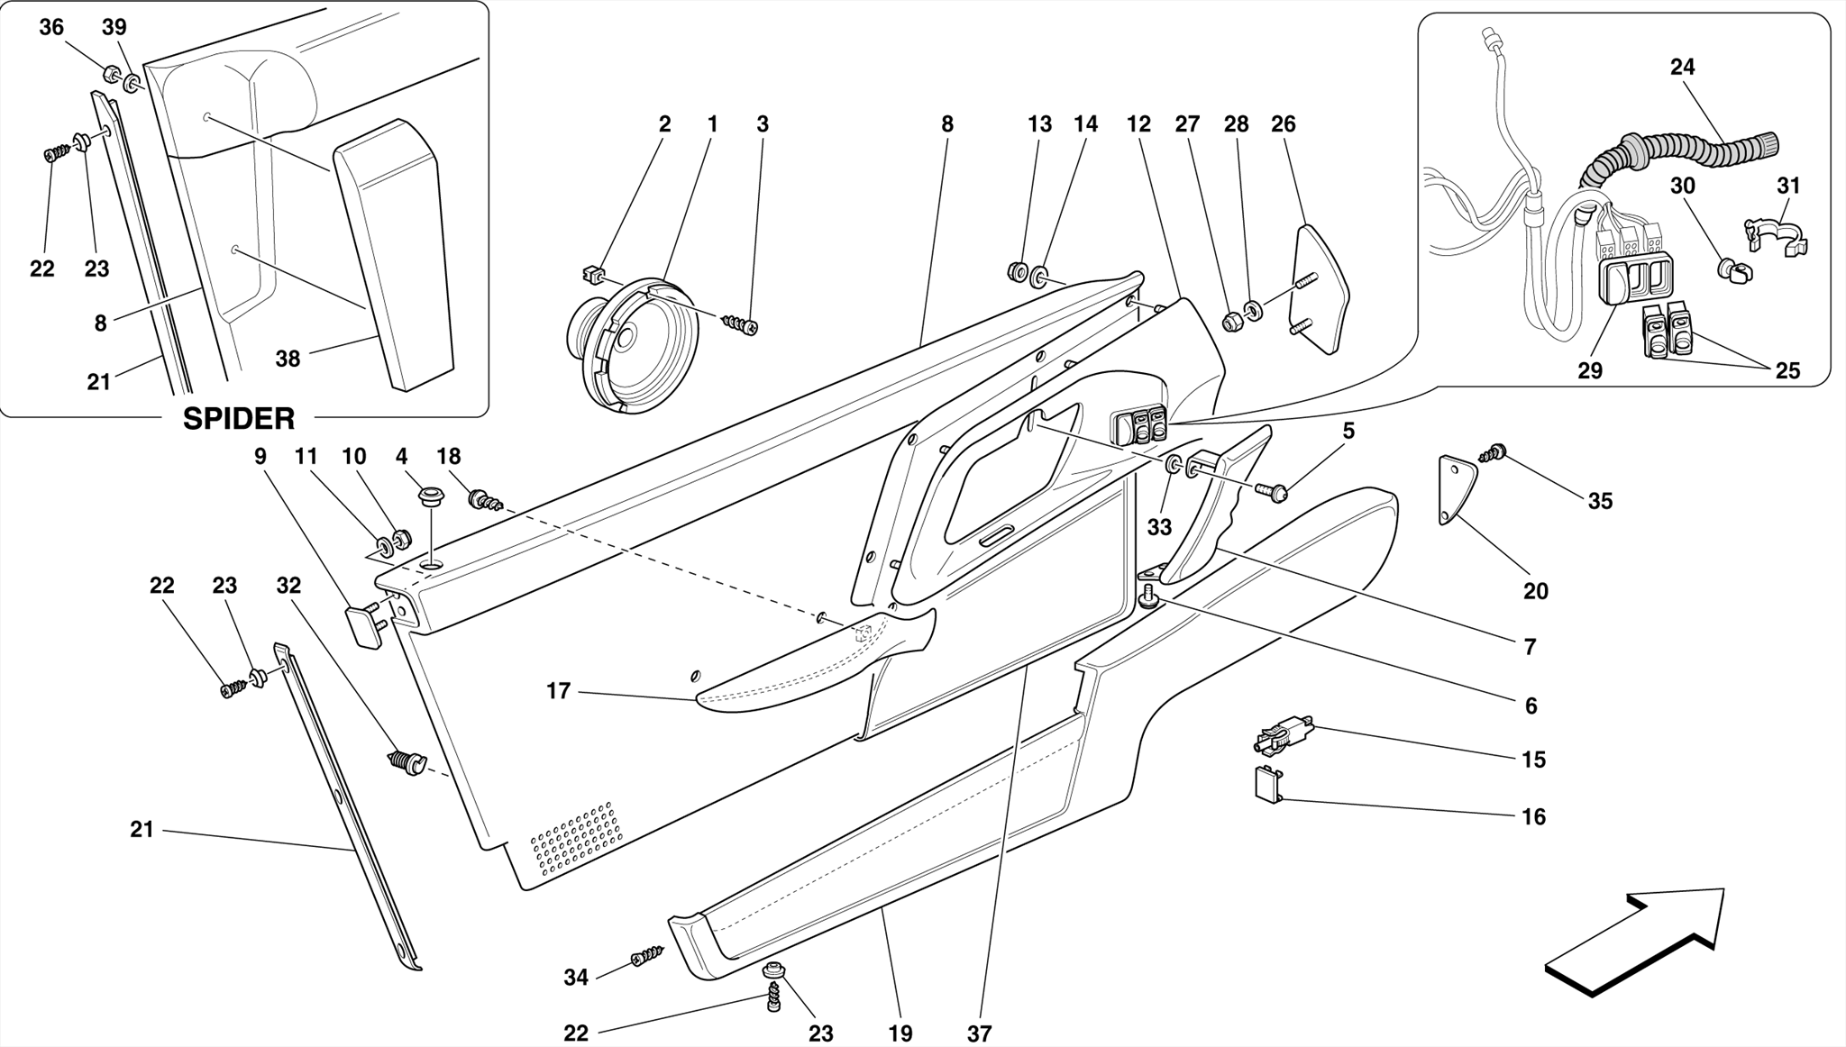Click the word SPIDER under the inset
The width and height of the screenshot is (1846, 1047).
(x=239, y=419)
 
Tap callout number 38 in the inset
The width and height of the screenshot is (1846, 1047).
(x=288, y=360)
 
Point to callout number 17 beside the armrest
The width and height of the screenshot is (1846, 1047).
(x=559, y=691)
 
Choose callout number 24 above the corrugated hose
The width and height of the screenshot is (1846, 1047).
(x=1682, y=67)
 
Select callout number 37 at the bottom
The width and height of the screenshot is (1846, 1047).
(x=979, y=1033)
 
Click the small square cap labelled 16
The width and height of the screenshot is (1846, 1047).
(x=1268, y=784)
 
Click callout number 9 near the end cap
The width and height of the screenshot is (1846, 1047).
(x=260, y=457)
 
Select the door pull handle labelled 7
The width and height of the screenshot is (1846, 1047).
(x=1212, y=509)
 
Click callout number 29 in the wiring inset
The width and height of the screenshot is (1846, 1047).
(x=1590, y=370)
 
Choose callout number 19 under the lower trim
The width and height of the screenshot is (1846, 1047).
(x=900, y=1033)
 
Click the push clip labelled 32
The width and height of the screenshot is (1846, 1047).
(x=405, y=764)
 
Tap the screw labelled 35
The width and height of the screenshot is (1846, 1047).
(x=1494, y=452)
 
